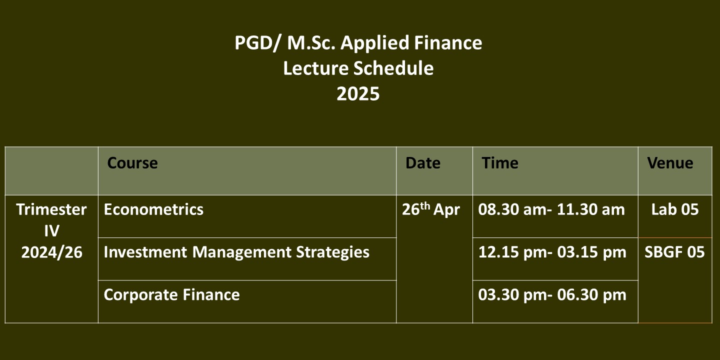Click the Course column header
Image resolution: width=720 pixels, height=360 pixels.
132,163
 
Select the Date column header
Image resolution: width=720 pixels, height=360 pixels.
422,163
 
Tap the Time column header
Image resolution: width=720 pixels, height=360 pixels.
500,163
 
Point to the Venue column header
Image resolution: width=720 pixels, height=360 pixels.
670,163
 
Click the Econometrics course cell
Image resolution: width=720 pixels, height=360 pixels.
153,209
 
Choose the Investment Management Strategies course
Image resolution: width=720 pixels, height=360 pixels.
236,252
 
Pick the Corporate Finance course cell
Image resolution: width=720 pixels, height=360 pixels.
171,295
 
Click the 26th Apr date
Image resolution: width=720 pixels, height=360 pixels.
430,209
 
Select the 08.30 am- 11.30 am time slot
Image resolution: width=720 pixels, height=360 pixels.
551,209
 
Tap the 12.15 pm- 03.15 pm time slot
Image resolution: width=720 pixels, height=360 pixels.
552,252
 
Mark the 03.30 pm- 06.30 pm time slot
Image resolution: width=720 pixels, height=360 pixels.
552,295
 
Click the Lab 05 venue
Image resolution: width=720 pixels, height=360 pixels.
675,209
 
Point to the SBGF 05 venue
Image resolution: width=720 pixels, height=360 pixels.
674,252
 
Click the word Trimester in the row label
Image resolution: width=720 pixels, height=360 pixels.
51,209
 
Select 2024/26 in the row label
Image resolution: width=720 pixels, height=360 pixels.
52,252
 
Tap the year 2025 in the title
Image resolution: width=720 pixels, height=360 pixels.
358,94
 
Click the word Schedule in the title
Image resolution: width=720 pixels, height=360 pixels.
393,68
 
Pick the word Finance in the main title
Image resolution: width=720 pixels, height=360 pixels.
448,43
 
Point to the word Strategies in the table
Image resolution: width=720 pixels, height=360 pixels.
332,252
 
